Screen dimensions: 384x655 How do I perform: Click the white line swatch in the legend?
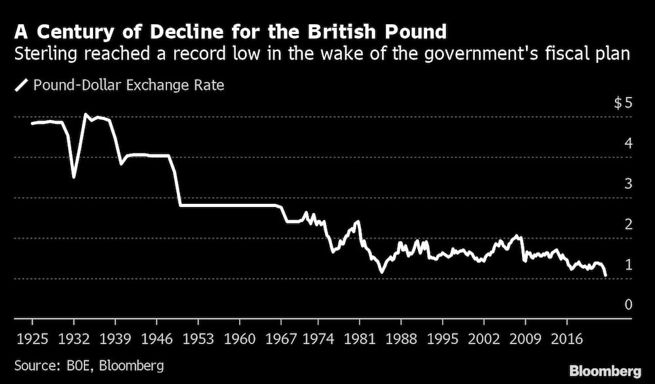click(x=20, y=85)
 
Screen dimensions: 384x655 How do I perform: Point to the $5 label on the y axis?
click(x=622, y=103)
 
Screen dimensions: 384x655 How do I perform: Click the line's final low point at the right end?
click(x=605, y=275)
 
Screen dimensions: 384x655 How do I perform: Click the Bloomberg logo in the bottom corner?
click(x=605, y=371)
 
